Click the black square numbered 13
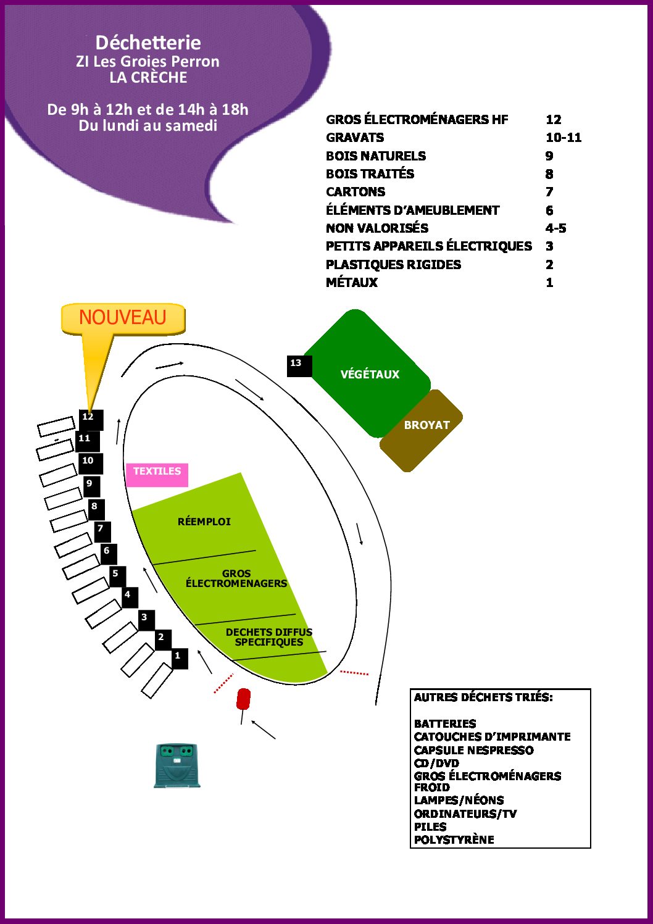pos(299,366)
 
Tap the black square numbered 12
pos(91,420)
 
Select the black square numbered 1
pos(180,659)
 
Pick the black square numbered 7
pos(102,532)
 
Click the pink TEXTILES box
pos(157,475)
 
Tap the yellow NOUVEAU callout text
pos(123,317)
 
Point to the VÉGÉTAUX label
pos(370,374)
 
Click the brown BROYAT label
pos(427,425)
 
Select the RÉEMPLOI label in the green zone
pos(204,522)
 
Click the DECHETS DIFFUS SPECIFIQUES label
pos(269,637)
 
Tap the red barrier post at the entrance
pos(243,699)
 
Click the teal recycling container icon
pos(177,765)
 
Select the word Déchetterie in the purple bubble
pos(148,43)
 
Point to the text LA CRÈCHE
pos(148,77)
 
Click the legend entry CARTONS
pos(356,192)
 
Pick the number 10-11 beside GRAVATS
pos(564,138)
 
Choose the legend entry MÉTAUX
pos(352,282)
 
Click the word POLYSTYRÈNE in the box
pos(454,839)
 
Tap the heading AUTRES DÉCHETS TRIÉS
pos(483,697)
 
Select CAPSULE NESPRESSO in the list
pos(474,750)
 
